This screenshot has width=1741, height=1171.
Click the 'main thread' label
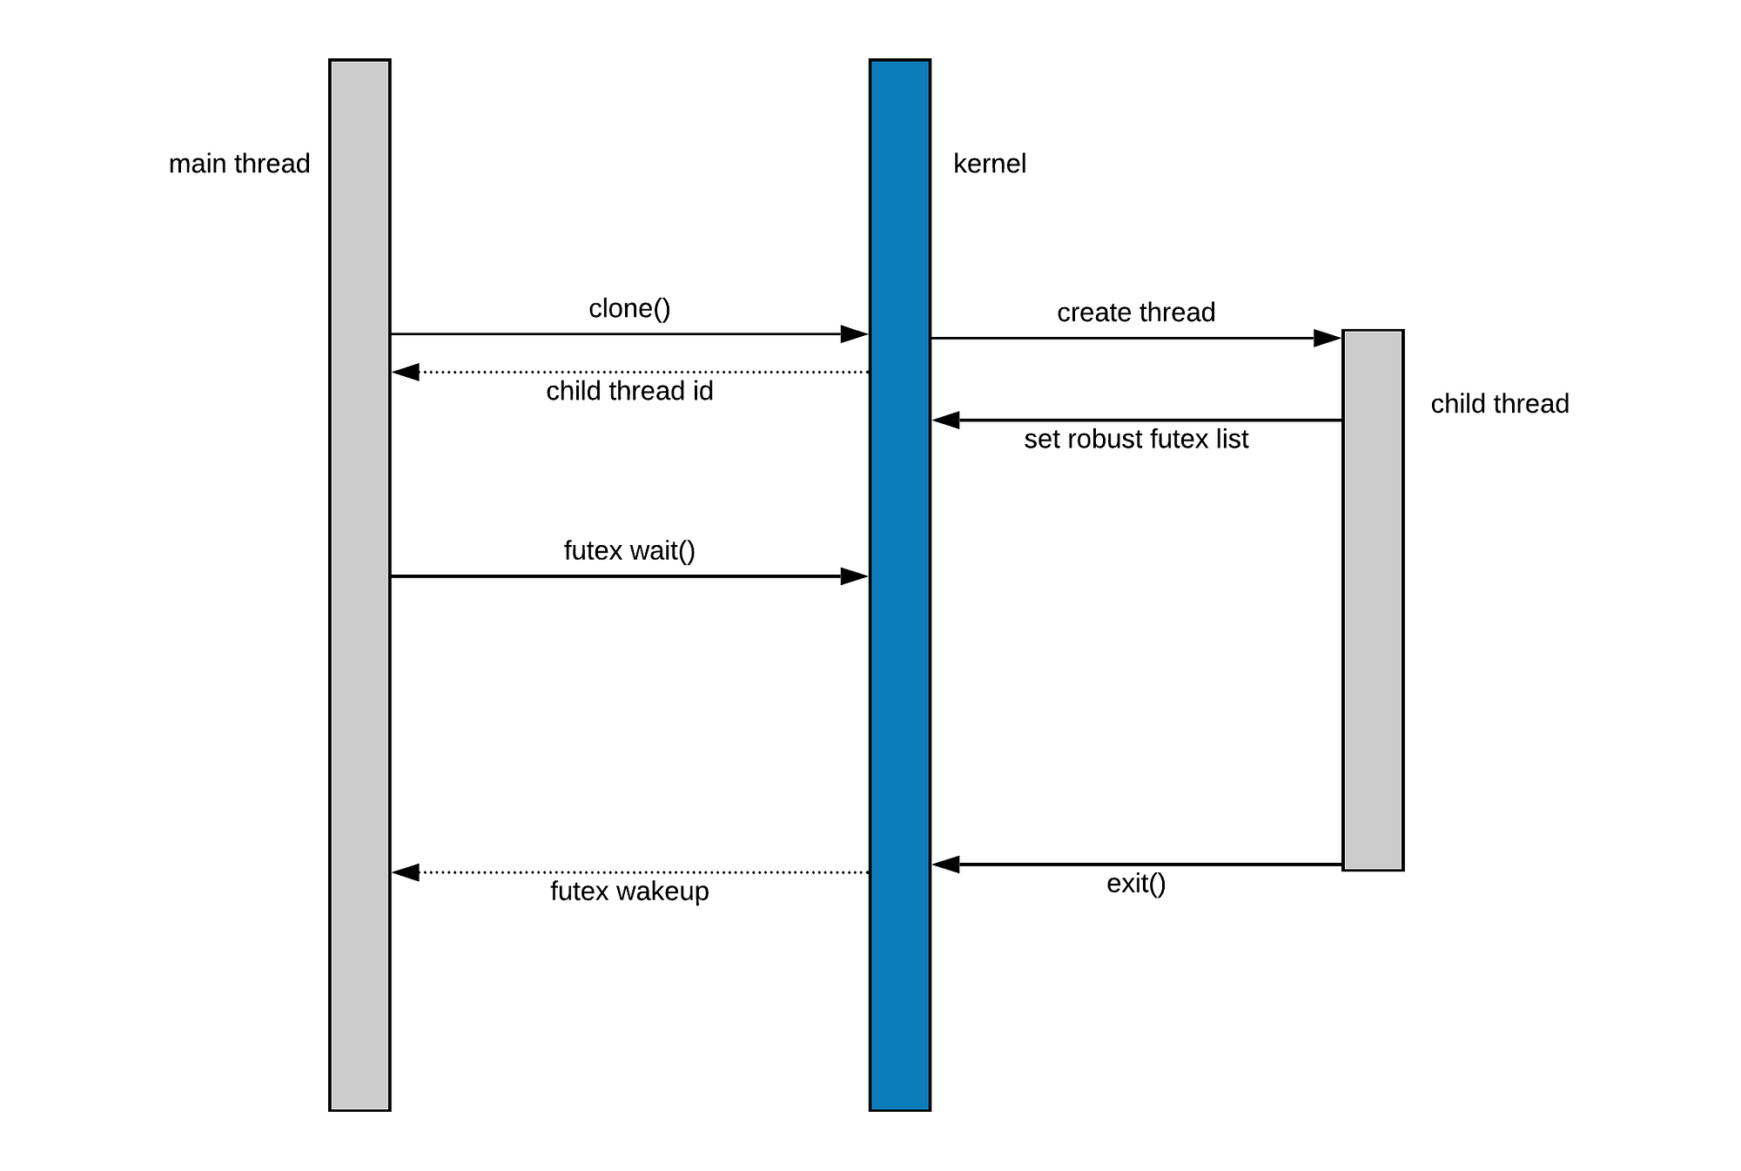[239, 164]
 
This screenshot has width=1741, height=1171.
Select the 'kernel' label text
[989, 164]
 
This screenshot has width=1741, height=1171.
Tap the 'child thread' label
[1499, 404]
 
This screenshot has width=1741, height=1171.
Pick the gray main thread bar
[360, 697]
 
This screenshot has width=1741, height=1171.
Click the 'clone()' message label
[629, 308]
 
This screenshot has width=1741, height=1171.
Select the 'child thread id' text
[629, 391]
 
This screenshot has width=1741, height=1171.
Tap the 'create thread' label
[1136, 313]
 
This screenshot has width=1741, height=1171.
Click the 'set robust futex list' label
[1136, 439]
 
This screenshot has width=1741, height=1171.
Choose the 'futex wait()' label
[629, 551]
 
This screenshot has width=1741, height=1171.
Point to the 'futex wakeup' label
[629, 892]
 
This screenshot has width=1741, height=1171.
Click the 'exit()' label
[1136, 884]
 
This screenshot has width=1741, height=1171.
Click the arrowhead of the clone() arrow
[855, 334]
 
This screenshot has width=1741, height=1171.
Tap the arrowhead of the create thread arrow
[1328, 338]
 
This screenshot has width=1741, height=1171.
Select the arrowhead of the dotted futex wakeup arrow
[406, 872]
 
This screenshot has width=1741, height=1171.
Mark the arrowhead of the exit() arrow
[946, 865]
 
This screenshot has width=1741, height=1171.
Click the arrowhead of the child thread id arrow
[406, 373]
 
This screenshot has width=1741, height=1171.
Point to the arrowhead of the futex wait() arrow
[855, 576]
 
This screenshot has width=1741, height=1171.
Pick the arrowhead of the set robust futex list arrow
[946, 421]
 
